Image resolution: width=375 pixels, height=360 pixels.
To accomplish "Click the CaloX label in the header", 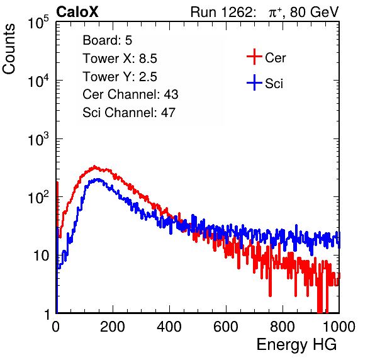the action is coord(77,12).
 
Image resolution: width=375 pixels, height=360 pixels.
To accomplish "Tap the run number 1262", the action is coord(237,12).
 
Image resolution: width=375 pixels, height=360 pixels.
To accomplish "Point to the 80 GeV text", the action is coord(315,12).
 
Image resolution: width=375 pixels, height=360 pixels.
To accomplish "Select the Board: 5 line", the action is coord(108,40).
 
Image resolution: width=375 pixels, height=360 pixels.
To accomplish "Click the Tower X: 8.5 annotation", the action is coord(120,59).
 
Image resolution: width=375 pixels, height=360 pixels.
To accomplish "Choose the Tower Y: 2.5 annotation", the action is coord(120,77).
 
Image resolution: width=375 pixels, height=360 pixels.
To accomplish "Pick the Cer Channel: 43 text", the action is coord(130,94).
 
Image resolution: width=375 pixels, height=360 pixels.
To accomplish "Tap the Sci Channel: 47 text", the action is coord(129,113).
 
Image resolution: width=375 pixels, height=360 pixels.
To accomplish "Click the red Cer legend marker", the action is coord(254,57).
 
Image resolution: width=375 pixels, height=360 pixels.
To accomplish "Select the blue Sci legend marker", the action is coord(254,83).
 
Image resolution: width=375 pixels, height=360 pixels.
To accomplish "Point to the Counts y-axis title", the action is coord(9,49).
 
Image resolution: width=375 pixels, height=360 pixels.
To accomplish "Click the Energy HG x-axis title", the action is coord(296,345).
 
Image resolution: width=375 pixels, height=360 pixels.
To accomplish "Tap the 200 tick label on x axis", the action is coord(113,326).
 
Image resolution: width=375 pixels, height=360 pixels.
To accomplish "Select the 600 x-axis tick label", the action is coord(226,326).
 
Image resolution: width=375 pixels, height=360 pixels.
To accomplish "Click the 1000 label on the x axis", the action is coord(339,326).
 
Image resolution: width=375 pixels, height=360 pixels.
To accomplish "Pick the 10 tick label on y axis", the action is coord(42,256).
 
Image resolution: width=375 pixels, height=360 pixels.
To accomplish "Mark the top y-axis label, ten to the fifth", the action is coord(38,22).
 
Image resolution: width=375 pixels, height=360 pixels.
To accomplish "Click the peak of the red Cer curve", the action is coord(94,167).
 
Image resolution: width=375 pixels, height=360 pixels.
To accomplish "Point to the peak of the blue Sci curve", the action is coord(98,179).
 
